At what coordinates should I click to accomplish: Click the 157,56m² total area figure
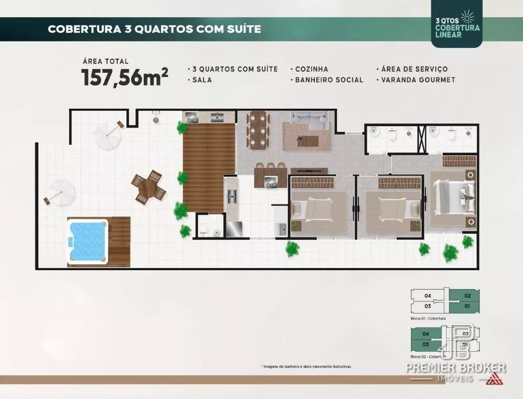tap(124, 77)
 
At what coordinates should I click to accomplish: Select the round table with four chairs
tap(149, 187)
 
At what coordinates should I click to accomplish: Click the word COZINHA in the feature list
tap(312, 69)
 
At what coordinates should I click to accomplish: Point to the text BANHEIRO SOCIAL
tap(329, 80)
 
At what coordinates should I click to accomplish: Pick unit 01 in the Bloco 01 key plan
tap(467, 305)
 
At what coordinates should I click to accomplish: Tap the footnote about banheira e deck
tap(306, 367)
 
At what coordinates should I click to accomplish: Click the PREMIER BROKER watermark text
tap(456, 368)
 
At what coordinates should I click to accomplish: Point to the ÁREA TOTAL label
tap(105, 61)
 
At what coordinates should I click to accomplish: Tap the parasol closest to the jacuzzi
tap(62, 192)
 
